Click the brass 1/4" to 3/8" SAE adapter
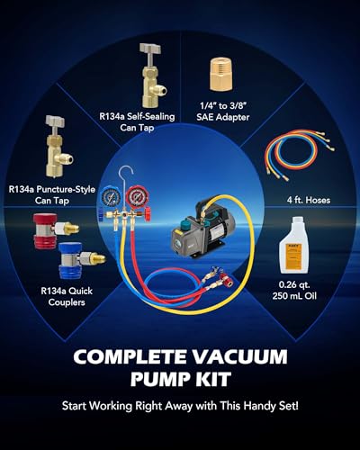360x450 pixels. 221,74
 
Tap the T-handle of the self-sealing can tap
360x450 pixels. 150,49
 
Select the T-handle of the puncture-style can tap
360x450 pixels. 56,121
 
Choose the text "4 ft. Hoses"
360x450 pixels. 309,200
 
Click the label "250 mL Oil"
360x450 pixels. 294,296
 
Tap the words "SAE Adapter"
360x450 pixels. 223,117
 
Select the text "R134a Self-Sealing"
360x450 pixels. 137,116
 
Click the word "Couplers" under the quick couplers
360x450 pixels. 67,302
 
